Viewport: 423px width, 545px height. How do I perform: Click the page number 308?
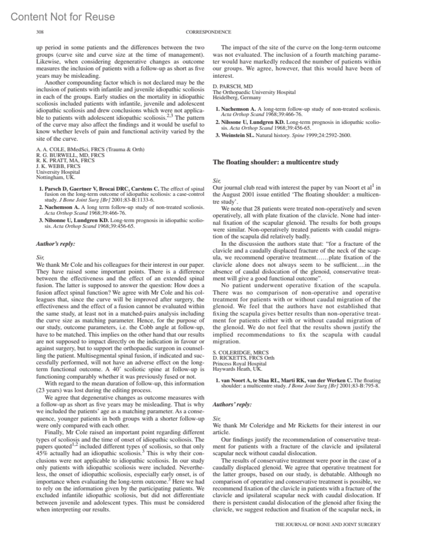coord(40,32)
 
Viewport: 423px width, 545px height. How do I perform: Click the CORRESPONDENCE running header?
coord(208,32)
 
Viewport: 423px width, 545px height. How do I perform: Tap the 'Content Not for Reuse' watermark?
coord(63,17)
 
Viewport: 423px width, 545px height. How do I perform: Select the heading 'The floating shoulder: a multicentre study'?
coord(276,162)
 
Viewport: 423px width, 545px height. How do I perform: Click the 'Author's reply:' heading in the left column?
coord(56,243)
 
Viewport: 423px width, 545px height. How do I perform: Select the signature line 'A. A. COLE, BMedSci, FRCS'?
coord(90,149)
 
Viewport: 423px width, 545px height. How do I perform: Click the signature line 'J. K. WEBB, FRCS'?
coord(58,166)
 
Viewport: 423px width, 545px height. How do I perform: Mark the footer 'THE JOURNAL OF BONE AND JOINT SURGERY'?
coord(327,524)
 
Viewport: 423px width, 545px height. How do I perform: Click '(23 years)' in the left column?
coord(49,390)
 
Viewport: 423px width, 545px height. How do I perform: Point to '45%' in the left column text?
coord(42,454)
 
